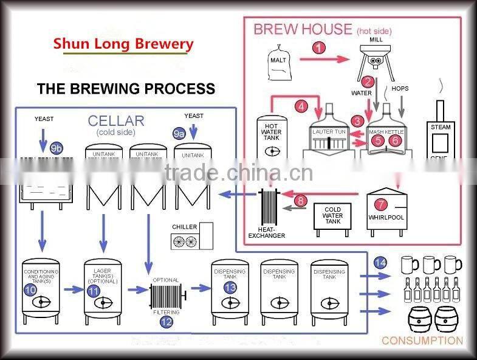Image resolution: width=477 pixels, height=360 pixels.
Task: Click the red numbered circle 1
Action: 320,47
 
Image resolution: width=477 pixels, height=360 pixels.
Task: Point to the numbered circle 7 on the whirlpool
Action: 380,205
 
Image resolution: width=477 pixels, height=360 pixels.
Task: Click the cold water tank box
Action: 333,217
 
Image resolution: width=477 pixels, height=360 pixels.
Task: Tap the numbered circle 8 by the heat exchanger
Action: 301,200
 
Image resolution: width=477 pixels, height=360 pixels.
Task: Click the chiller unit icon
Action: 192,235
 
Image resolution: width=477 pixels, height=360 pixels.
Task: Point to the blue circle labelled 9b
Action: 56,148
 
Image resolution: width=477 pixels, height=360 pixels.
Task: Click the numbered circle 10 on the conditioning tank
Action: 30,290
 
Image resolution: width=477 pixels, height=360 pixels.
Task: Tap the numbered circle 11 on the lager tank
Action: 93,291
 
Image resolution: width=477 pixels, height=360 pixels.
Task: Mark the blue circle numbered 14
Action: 380,263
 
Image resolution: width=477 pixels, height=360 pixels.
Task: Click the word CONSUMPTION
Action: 422,341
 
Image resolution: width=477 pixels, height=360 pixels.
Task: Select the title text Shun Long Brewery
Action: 123,44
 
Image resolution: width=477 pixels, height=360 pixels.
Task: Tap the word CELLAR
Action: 116,120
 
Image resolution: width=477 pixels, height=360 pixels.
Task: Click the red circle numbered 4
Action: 301,106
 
